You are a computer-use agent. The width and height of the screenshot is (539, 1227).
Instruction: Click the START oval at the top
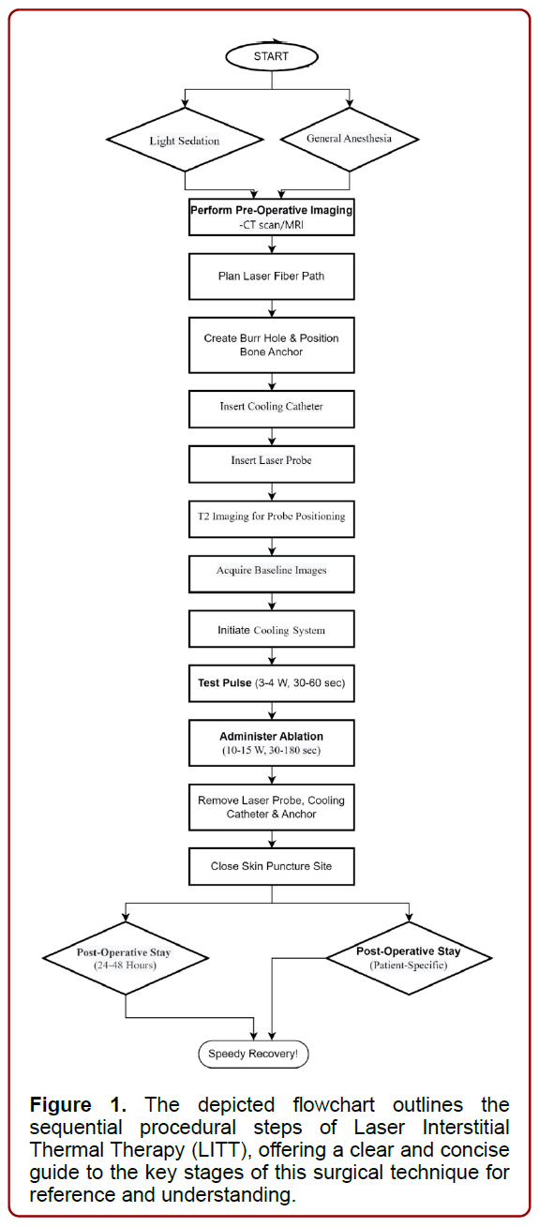(272, 56)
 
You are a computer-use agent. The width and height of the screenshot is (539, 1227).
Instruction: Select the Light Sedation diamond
(185, 141)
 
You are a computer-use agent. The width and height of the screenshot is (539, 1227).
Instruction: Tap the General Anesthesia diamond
(350, 139)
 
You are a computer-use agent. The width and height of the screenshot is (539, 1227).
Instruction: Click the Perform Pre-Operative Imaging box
(272, 217)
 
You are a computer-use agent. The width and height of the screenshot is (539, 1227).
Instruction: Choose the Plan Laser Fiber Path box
(272, 277)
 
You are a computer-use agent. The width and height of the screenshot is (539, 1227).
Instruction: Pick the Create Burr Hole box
(272, 345)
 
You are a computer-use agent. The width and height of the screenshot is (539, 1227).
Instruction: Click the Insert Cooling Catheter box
(272, 407)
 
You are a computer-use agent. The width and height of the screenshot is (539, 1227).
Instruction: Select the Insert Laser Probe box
(272, 461)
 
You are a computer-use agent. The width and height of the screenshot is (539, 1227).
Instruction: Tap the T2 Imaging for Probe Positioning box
(272, 516)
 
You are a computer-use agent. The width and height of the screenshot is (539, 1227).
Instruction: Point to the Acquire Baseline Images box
(272, 572)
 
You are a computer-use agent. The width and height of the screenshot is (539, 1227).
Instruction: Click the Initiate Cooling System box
(272, 630)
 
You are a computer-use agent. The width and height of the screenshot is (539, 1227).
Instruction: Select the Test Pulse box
(272, 683)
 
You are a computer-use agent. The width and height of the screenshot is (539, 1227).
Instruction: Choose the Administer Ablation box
(272, 743)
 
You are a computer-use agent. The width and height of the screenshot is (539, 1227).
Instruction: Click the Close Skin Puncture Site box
(272, 867)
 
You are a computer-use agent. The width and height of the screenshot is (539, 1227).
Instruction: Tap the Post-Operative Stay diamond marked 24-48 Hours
(125, 958)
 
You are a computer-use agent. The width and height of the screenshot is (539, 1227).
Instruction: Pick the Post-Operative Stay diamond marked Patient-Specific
(410, 957)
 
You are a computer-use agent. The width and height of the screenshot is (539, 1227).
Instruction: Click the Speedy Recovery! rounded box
(253, 1054)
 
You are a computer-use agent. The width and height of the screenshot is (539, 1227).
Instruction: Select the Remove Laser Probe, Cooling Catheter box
(272, 807)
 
